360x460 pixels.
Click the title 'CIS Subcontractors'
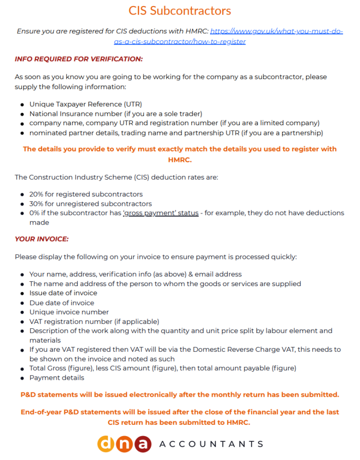point(180,10)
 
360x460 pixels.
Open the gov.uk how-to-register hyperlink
point(277,31)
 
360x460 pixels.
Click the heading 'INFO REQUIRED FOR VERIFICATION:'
point(79,59)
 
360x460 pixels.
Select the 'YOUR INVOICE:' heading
point(42,239)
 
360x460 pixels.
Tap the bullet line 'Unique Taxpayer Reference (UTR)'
point(85,104)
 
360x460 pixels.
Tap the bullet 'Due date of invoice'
point(61,303)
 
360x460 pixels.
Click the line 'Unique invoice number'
point(69,312)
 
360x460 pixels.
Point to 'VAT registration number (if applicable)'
point(94,321)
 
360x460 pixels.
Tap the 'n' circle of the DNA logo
point(124,444)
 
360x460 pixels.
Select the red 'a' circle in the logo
point(142,444)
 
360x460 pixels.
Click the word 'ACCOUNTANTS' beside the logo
point(211,444)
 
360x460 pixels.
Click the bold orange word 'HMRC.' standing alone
point(180,160)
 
